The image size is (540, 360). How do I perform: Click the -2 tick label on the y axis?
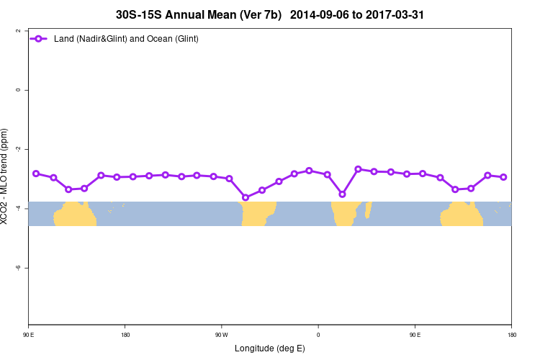pos(17,149)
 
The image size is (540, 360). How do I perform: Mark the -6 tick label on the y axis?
pos(17,267)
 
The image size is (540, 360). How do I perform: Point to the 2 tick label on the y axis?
pos(17,31)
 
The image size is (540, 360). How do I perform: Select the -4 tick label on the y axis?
pos(17,208)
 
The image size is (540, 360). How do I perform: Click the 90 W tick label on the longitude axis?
pos(221,334)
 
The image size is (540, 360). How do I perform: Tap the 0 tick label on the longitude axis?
pos(318,334)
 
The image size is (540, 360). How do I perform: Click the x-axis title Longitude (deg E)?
pos(269,348)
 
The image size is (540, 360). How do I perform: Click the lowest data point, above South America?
pos(246,197)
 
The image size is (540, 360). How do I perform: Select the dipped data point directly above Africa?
pos(342,194)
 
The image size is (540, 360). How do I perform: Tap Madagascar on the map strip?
pos(368,210)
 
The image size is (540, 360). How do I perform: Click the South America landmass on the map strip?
pos(258,213)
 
